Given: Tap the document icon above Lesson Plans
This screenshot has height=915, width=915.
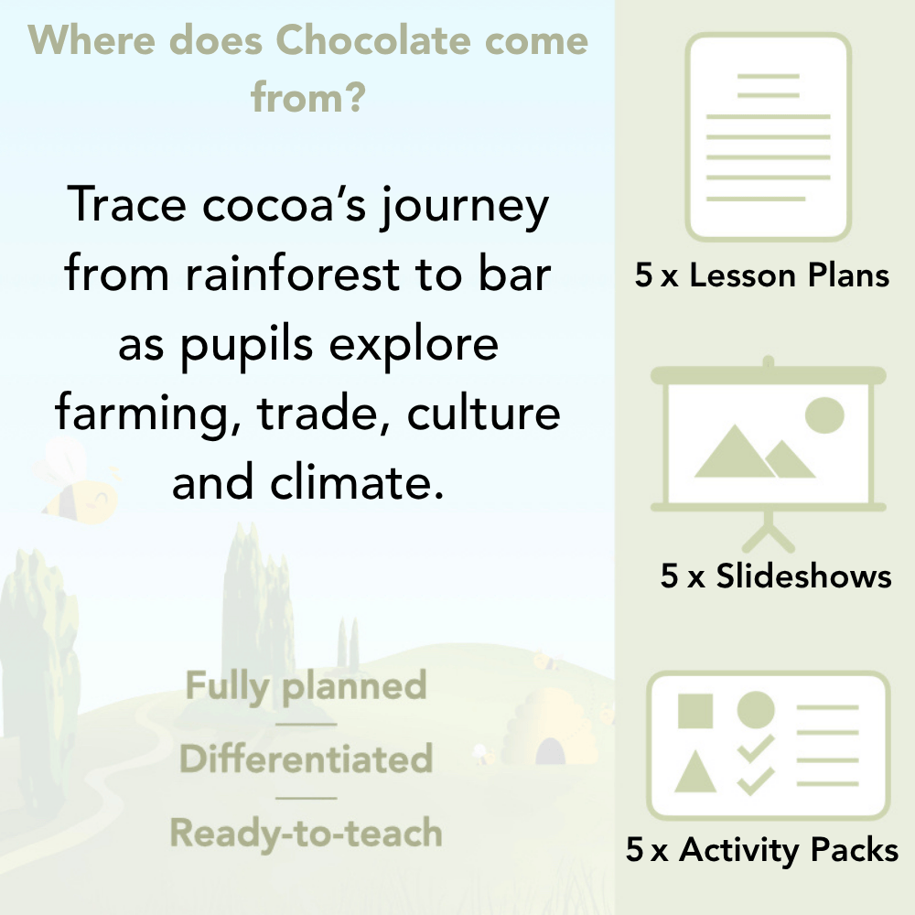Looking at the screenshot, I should pyautogui.click(x=769, y=137).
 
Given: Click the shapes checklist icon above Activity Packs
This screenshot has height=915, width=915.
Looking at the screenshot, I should pyautogui.click(x=769, y=746).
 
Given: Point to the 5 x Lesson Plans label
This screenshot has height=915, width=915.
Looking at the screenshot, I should pyautogui.click(x=762, y=275).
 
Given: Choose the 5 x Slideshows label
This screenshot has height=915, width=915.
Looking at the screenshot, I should pyautogui.click(x=776, y=576).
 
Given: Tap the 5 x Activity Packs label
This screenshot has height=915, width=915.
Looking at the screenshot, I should pyautogui.click(x=762, y=851).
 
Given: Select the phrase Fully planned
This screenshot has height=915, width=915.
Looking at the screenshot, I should pyautogui.click(x=307, y=686).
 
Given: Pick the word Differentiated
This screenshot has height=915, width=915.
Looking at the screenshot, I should pyautogui.click(x=307, y=759).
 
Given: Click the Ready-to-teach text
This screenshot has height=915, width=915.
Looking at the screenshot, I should pyautogui.click(x=307, y=834).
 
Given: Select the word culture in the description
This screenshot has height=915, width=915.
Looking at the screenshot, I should pyautogui.click(x=483, y=414).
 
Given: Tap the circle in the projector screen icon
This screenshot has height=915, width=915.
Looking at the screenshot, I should pyautogui.click(x=823, y=414).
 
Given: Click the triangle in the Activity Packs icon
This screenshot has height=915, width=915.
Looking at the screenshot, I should pyautogui.click(x=695, y=773).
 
